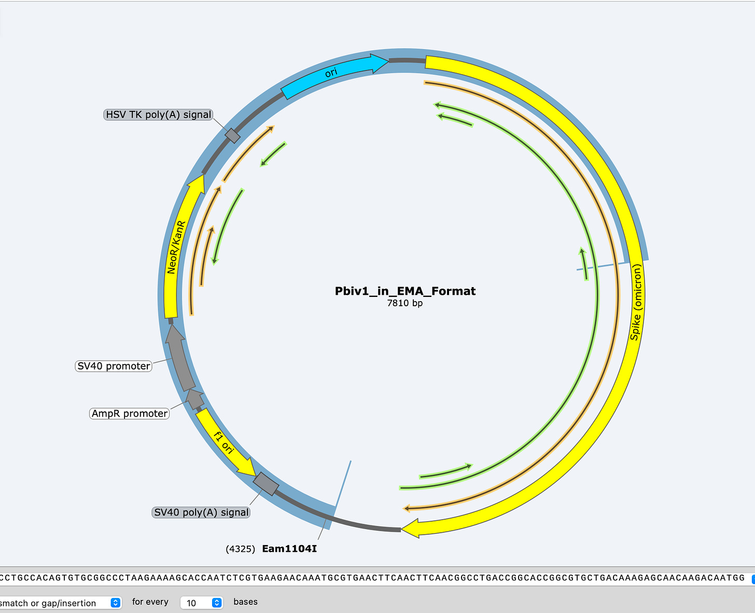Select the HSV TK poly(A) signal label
click(x=159, y=115)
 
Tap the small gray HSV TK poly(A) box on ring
click(x=232, y=136)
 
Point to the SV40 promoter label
click(x=114, y=366)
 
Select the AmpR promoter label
click(x=130, y=414)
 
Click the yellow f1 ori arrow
click(x=225, y=442)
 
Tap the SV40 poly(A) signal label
click(x=201, y=512)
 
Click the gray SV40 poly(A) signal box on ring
click(x=266, y=484)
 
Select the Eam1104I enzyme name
click(x=289, y=549)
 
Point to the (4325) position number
click(x=240, y=549)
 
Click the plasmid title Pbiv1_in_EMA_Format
click(x=405, y=291)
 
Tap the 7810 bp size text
click(x=405, y=303)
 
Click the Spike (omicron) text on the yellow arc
click(x=636, y=302)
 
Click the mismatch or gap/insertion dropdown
click(x=60, y=603)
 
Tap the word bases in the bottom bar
click(x=245, y=602)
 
